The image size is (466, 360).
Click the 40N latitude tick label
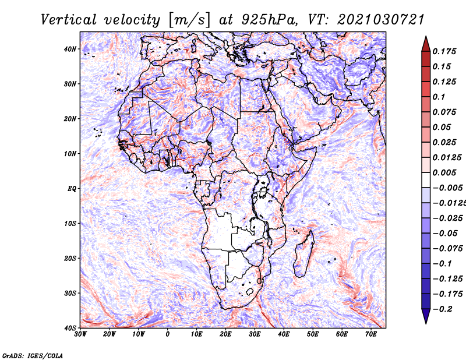[70, 49]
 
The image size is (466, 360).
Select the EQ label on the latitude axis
[72, 189]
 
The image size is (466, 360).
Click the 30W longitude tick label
[80, 334]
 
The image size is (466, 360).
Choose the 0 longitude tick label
[168, 334]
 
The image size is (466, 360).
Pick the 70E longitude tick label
[371, 334]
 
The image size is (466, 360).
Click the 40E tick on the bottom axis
[284, 334]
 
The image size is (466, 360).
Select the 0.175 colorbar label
[444, 51]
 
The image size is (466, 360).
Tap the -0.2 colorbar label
[443, 309]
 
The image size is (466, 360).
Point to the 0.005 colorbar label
[444, 172]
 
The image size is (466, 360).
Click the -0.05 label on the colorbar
[445, 234]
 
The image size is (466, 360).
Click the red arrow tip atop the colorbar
[426, 37]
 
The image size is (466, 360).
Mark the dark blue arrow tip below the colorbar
[426, 323]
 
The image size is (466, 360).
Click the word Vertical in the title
[69, 20]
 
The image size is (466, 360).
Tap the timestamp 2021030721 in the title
[380, 20]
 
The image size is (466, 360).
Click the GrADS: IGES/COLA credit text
[33, 355]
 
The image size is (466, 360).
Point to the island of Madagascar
[303, 253]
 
